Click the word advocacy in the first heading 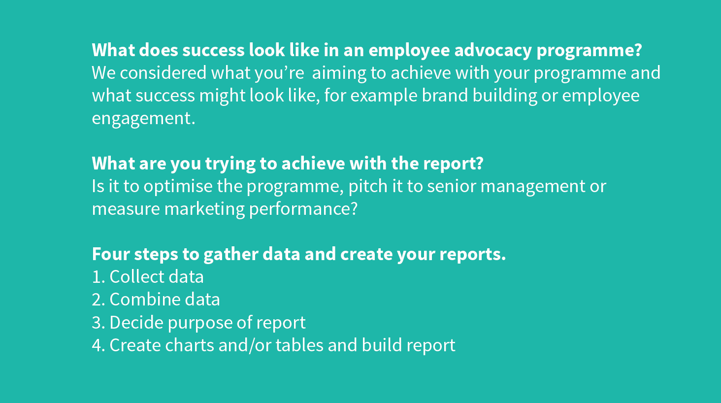pos(493,51)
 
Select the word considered pos(163,73)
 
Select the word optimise pos(178,187)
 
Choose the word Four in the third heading pos(111,254)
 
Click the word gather pos(231,255)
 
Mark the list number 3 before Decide pos(98,323)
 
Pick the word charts pos(190,345)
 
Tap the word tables pos(299,345)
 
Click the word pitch pos(368,187)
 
